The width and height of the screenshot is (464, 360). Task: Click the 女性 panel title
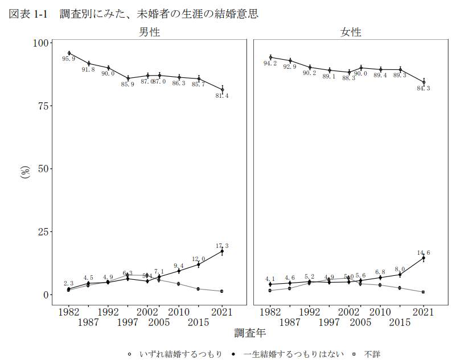point(350,32)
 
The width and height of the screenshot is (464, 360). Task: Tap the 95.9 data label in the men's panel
point(68,59)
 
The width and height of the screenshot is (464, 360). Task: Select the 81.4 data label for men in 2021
point(222,96)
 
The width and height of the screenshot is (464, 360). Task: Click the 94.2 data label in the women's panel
point(270,64)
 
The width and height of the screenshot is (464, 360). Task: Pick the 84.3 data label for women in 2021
point(423,89)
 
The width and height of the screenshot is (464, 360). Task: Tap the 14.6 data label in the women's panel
point(423,253)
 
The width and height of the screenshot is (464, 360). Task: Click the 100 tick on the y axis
point(42,43)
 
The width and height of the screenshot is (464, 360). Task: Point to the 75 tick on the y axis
point(44,106)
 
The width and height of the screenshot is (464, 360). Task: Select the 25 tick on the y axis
point(44,232)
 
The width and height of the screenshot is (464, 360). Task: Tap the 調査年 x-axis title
point(249,332)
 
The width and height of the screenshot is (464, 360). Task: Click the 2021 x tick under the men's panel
point(222,312)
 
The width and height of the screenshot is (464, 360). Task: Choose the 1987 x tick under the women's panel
point(290,322)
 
